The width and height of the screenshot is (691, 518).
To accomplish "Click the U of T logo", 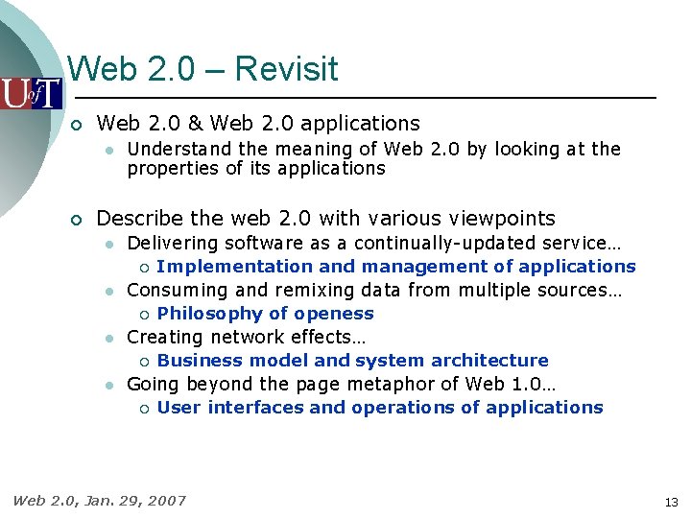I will [31, 93].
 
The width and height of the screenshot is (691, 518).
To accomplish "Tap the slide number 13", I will [671, 502].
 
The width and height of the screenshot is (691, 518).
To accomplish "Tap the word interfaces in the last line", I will [255, 408].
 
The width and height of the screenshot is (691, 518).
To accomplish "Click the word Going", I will [149, 385].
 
